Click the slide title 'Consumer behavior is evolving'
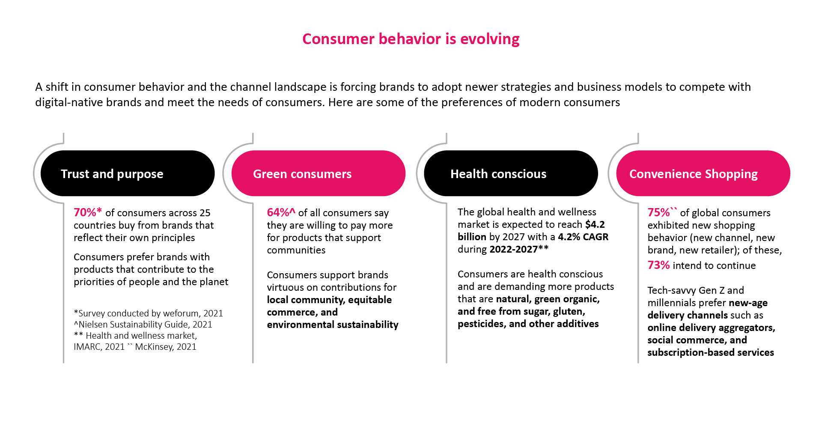[411, 39]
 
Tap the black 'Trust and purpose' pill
[128, 173]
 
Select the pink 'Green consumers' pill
[319, 173]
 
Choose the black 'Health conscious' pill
[511, 173]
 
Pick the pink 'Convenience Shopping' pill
[703, 173]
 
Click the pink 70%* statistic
[88, 212]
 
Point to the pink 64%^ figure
[281, 212]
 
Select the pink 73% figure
[658, 265]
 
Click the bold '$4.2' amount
[595, 224]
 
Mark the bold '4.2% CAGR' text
[583, 237]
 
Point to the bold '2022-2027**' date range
[519, 249]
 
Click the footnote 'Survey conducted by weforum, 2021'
[151, 313]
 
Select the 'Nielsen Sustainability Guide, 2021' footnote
[146, 325]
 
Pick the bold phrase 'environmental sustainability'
[333, 325]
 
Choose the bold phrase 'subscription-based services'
[711, 352]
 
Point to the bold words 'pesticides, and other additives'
[528, 324]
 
